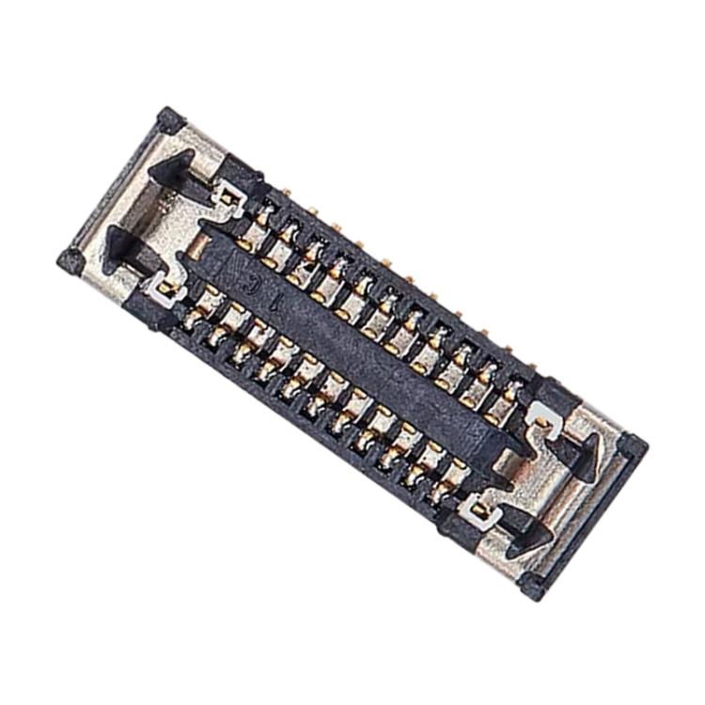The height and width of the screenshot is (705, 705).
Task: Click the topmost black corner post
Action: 170,119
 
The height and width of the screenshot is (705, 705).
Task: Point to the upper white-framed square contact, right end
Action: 540,414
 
